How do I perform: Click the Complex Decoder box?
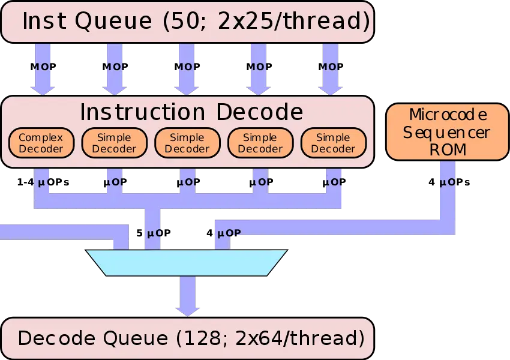point(41,143)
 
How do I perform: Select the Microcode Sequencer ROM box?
point(447,132)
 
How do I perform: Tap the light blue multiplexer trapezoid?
point(187,263)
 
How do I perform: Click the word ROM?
point(448,150)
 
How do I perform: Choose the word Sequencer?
point(447,132)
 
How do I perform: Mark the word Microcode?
point(448,115)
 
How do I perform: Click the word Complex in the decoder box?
point(41,137)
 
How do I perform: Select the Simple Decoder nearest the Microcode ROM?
point(333,143)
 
